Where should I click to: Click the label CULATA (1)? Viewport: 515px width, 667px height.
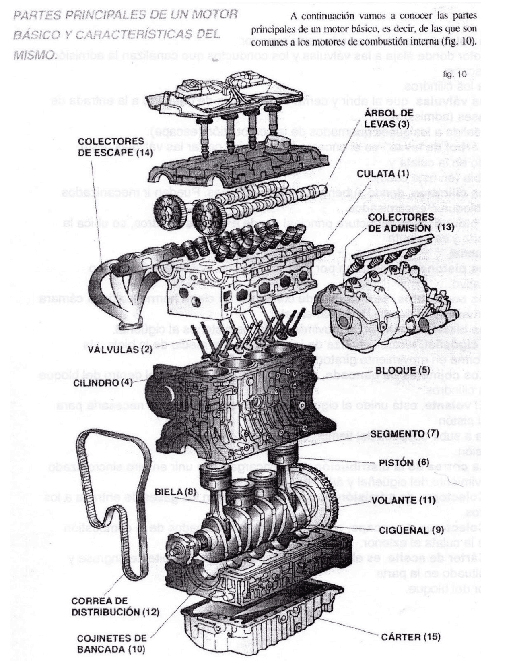[x=383, y=174]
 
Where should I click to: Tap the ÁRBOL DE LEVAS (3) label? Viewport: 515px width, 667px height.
[x=389, y=118]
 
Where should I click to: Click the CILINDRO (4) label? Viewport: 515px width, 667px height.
[x=103, y=382]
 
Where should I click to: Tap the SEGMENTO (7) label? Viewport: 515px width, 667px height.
[x=404, y=434]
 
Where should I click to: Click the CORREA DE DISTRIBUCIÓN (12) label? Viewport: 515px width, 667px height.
[x=115, y=607]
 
